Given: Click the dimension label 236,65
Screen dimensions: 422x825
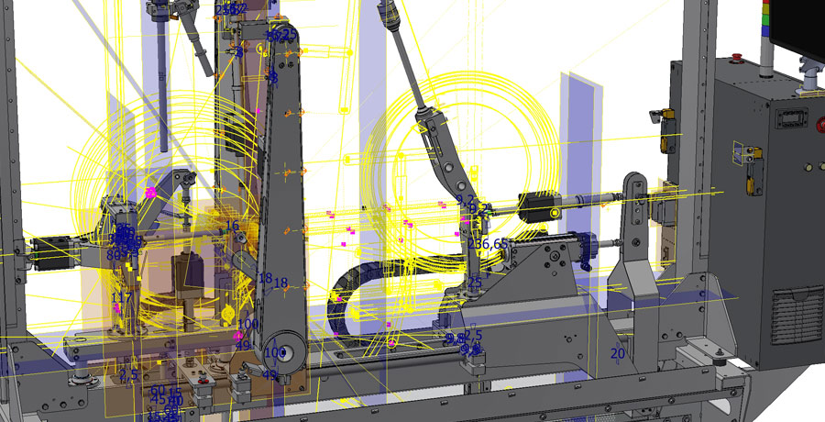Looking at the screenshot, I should [488, 244].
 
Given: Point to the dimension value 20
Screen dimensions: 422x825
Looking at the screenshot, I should [617, 353].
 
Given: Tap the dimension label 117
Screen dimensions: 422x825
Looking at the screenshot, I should [121, 298].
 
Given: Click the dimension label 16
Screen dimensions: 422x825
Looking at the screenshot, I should [232, 226].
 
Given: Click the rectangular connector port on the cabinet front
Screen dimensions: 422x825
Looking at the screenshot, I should [789, 119].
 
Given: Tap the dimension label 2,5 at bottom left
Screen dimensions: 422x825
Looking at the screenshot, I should [128, 375].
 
